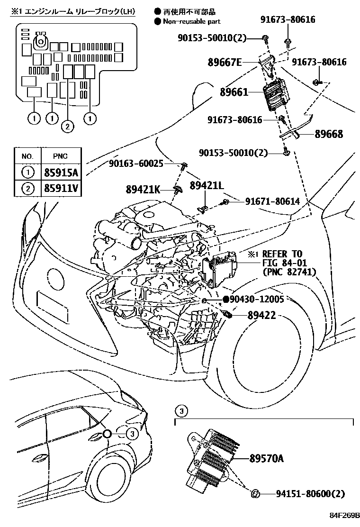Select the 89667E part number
(225, 62)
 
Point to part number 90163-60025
(136, 164)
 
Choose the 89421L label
(207, 185)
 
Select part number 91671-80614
(272, 201)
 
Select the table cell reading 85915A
(61, 172)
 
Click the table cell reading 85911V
(61, 189)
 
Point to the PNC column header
(61, 156)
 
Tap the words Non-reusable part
(191, 21)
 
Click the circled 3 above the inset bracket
(182, 410)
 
